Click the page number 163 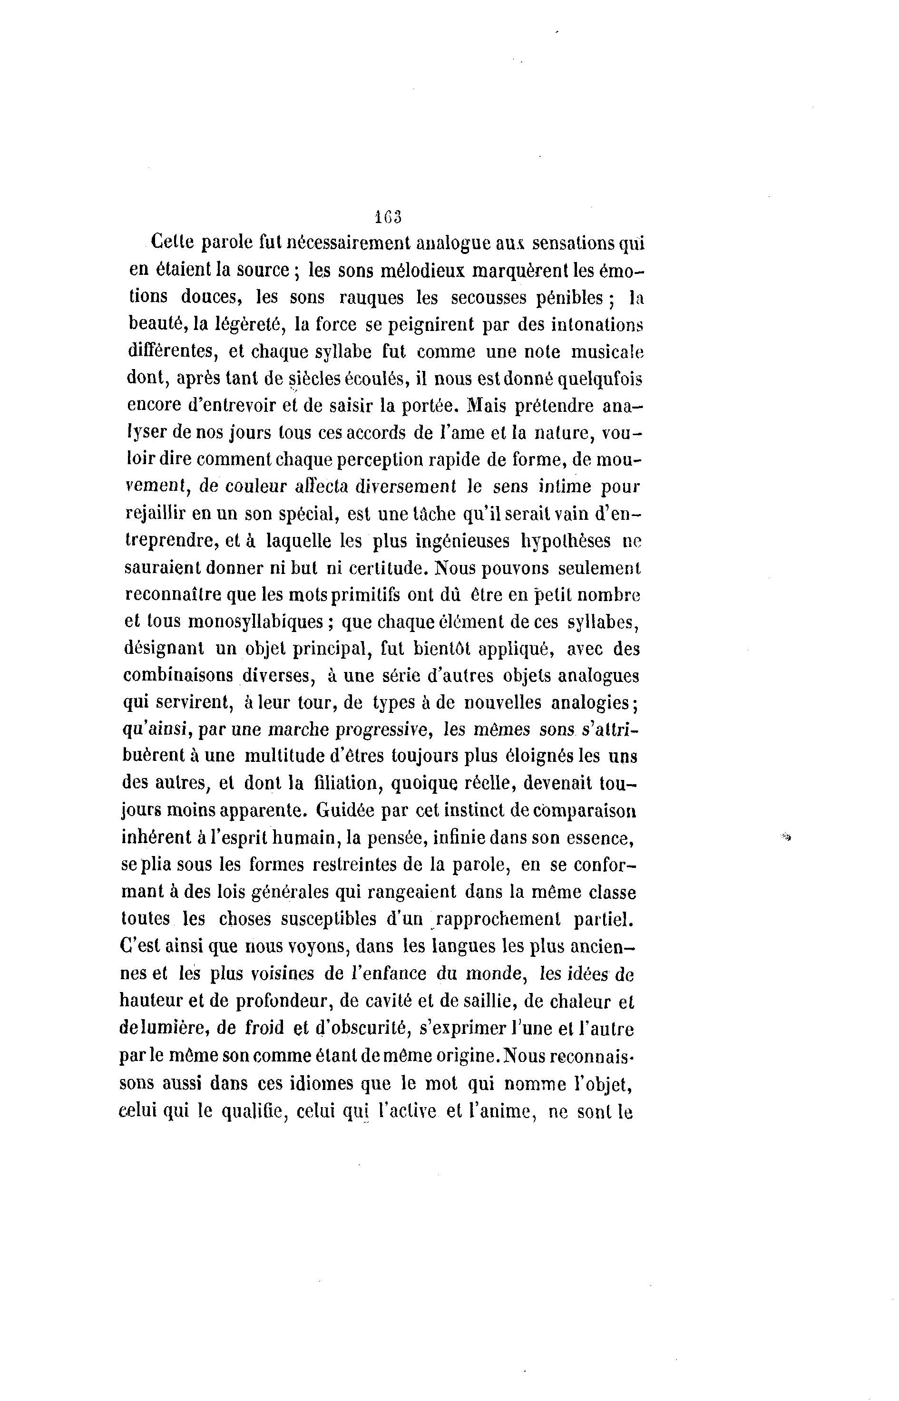[x=388, y=216]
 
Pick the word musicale [x=606, y=352]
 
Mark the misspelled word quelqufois [x=600, y=379]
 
